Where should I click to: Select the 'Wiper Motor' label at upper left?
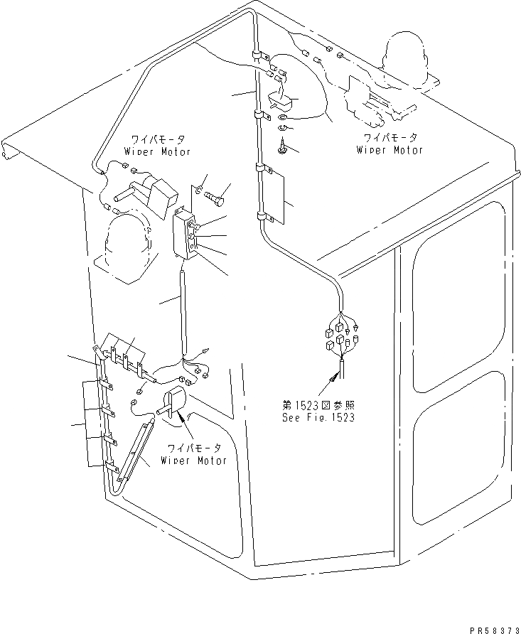(158, 146)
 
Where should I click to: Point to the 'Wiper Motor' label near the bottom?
(193, 455)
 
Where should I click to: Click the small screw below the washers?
(281, 146)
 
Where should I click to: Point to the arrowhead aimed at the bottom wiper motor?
(186, 420)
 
